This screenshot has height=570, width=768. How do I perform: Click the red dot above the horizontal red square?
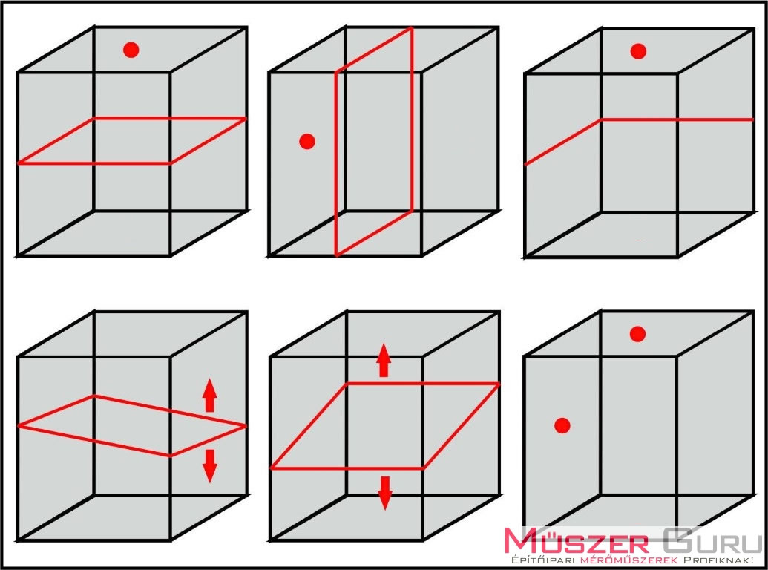(x=131, y=50)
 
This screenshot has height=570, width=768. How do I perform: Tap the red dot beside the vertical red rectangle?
(x=306, y=141)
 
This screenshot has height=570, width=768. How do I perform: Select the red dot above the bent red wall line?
(x=637, y=51)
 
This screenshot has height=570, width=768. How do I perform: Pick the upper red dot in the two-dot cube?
(x=637, y=334)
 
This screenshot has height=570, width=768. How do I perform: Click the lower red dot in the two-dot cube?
(x=562, y=425)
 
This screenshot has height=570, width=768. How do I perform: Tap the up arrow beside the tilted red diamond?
(x=210, y=395)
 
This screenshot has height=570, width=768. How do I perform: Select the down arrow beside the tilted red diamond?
(x=210, y=466)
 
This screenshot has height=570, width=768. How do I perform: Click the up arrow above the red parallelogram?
(x=384, y=360)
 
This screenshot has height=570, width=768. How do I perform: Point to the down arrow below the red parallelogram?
(x=385, y=493)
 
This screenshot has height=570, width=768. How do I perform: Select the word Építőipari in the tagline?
(x=543, y=560)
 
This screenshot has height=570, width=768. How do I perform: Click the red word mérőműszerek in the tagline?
(x=629, y=560)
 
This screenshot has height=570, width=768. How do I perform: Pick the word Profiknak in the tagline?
(x=715, y=560)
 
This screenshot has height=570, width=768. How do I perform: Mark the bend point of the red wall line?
(x=602, y=119)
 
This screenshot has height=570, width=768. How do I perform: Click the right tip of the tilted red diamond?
(x=246, y=426)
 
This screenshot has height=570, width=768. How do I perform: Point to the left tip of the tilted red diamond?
(x=18, y=426)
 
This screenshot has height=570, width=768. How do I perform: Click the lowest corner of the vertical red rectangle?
(x=336, y=255)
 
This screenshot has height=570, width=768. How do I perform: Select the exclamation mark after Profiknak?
(x=750, y=560)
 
